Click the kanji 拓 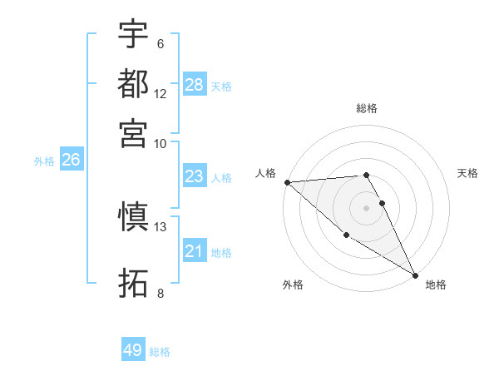coord(133,283)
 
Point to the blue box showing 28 coord(195,84)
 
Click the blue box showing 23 coord(194,176)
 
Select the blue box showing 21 coord(194,251)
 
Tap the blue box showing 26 coord(71,160)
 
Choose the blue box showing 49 coord(133,350)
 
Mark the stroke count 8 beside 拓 coord(160,293)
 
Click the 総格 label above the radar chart coord(367,108)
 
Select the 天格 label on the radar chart coord(468,173)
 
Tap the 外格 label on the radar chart coord(293,285)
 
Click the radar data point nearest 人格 coord(287,182)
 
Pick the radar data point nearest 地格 coord(415,275)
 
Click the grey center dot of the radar coord(367,207)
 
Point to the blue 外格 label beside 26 coord(44,161)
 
